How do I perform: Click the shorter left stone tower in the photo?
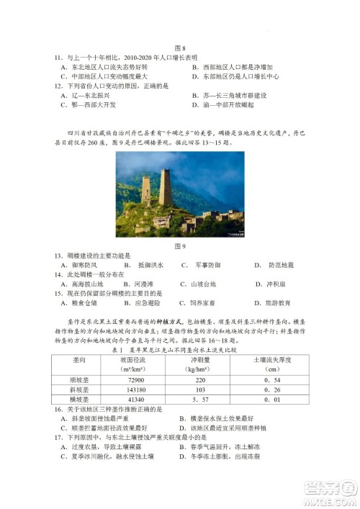[146, 189]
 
